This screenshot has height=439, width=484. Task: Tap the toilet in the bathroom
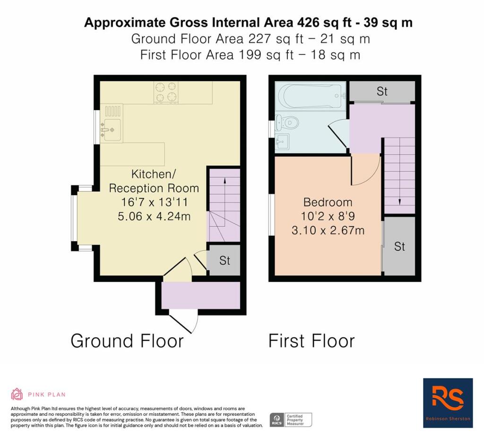pos(287,123)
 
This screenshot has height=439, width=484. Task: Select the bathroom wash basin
pos(282,142)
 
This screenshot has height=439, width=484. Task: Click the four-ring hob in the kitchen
pos(166,92)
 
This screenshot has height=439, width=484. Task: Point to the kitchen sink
pos(112,129)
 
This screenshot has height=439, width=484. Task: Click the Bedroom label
pos(328,202)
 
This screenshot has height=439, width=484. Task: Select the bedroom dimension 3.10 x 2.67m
pos(328,231)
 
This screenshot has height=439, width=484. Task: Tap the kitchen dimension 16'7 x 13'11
pos(155,202)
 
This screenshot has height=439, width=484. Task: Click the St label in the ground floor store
pos(225,261)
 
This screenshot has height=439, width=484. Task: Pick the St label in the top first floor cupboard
pos(382,91)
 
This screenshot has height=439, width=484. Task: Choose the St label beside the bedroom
pos(399,247)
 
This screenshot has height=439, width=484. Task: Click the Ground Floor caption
pos(127,341)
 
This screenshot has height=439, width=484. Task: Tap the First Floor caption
pos(312,341)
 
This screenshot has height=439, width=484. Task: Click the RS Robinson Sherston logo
pos(448,403)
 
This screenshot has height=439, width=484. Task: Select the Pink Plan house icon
pos(17,394)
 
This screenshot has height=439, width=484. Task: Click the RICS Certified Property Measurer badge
pos(291,420)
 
